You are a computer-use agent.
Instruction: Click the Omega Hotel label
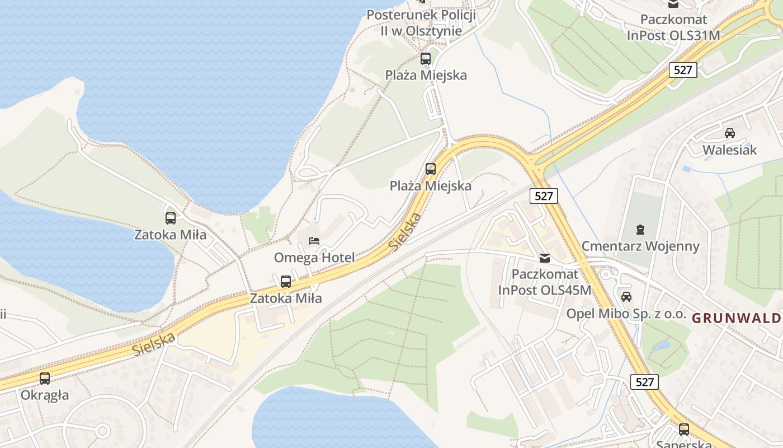pyautogui.click(x=314, y=258)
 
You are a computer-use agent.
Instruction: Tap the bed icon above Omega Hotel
pyautogui.click(x=314, y=241)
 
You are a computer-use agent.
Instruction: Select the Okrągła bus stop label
pyautogui.click(x=45, y=395)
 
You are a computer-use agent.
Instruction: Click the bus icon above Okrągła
pyautogui.click(x=45, y=379)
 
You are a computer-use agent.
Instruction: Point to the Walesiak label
pyautogui.click(x=729, y=150)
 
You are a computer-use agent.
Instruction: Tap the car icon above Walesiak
pyautogui.click(x=729, y=133)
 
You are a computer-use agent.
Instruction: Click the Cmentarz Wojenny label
pyautogui.click(x=640, y=246)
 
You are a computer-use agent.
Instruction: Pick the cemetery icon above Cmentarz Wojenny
pyautogui.click(x=640, y=229)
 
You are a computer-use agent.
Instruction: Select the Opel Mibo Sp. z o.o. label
pyautogui.click(x=626, y=314)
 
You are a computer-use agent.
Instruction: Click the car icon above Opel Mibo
pyautogui.click(x=626, y=296)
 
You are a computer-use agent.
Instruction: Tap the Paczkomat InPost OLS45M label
pyautogui.click(x=544, y=282)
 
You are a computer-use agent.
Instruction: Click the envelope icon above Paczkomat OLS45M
pyautogui.click(x=544, y=258)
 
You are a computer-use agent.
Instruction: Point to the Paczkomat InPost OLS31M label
pyautogui.click(x=673, y=27)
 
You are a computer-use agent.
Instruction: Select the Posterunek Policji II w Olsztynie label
pyautogui.click(x=421, y=23)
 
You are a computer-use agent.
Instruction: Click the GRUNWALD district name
pyautogui.click(x=737, y=318)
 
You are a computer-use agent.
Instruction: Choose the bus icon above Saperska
pyautogui.click(x=683, y=430)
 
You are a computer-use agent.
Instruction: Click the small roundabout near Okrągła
pyautogui.click(x=102, y=430)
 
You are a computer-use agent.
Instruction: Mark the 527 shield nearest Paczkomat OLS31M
pyautogui.click(x=683, y=70)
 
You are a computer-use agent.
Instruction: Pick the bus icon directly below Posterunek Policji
pyautogui.click(x=426, y=58)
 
